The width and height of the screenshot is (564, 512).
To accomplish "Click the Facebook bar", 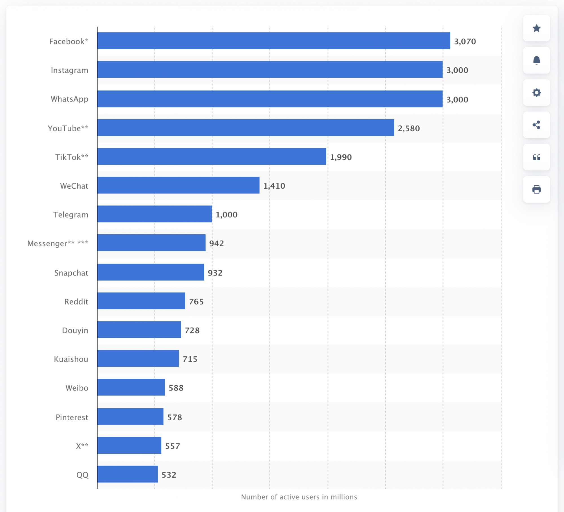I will pos(274,41).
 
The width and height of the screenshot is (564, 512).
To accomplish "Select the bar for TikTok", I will pos(211,156).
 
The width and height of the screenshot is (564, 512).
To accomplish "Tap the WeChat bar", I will pos(178,185).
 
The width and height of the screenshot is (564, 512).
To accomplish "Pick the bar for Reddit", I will pos(141,301).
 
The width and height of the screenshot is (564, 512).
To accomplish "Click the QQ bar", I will pos(127,474).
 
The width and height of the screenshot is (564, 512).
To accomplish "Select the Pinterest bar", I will pos(130,417).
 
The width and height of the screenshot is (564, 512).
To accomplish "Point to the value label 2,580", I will pos(409,129).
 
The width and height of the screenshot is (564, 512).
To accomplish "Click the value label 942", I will pos(216,243).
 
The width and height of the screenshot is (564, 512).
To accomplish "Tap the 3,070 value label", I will pos(465,41).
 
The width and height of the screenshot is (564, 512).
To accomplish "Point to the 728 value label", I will pos(192,330).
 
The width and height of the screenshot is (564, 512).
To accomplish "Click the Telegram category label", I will pos(71,215).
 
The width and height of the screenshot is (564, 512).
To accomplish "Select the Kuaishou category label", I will pos(71,359).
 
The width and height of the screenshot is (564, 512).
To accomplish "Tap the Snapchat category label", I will pos(71,273).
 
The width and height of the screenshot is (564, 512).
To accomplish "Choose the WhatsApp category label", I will pos(69,99).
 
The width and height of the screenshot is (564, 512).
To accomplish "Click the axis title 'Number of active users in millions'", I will pos(299,497).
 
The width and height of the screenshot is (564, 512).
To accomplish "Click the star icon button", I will pos(536,28).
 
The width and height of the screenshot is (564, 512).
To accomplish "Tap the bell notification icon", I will pos(536,60).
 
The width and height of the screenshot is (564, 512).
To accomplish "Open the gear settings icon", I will pos(536,93).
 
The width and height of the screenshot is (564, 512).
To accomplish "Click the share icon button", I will pos(536,125).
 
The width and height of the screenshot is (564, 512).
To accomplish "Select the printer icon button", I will pos(536,189).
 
